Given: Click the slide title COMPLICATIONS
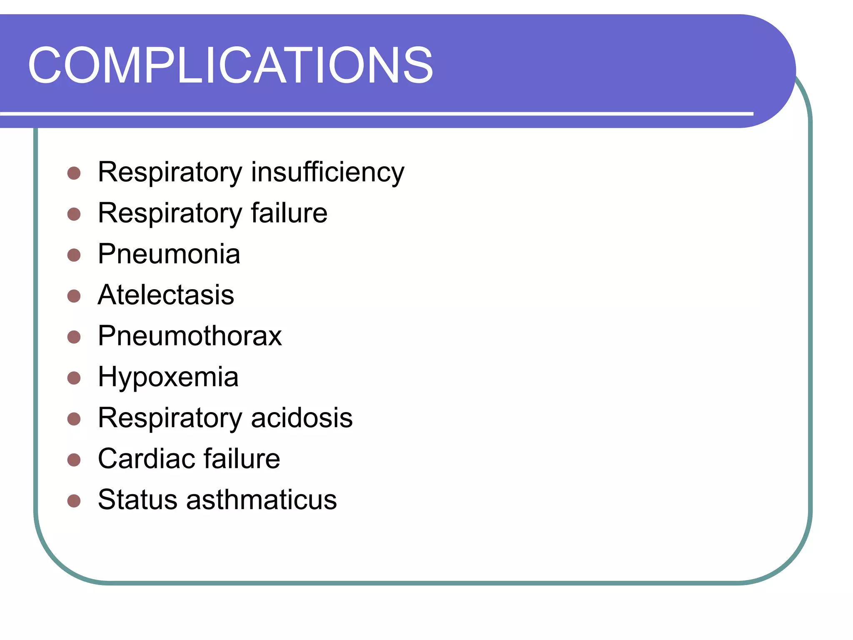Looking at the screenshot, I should pyautogui.click(x=230, y=65).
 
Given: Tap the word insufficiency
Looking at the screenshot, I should pyautogui.click(x=327, y=172).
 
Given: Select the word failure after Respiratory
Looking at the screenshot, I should pyautogui.click(x=289, y=213).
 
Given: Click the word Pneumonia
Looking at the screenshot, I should pyautogui.click(x=169, y=254).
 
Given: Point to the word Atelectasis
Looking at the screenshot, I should pyautogui.click(x=166, y=295).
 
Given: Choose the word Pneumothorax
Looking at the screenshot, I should pyautogui.click(x=190, y=336).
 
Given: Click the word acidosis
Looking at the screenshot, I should pyautogui.click(x=302, y=418).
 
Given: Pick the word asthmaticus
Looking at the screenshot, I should pyautogui.click(x=261, y=500).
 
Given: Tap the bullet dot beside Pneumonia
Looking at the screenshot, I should pyautogui.click(x=74, y=255).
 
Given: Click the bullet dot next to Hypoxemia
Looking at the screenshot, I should pyautogui.click(x=74, y=378).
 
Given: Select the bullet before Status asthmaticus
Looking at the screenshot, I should pyautogui.click(x=74, y=501).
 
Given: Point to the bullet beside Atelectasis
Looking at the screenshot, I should pyautogui.click(x=74, y=296).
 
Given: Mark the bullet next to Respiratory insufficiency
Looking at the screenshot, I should pyautogui.click(x=74, y=173).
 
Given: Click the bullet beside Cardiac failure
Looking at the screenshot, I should pyautogui.click(x=74, y=460).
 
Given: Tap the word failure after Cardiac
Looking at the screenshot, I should pyautogui.click(x=242, y=459).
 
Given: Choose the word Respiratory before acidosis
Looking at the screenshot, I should pyautogui.click(x=170, y=418).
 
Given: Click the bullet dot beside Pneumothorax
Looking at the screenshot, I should pyautogui.click(x=74, y=337).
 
